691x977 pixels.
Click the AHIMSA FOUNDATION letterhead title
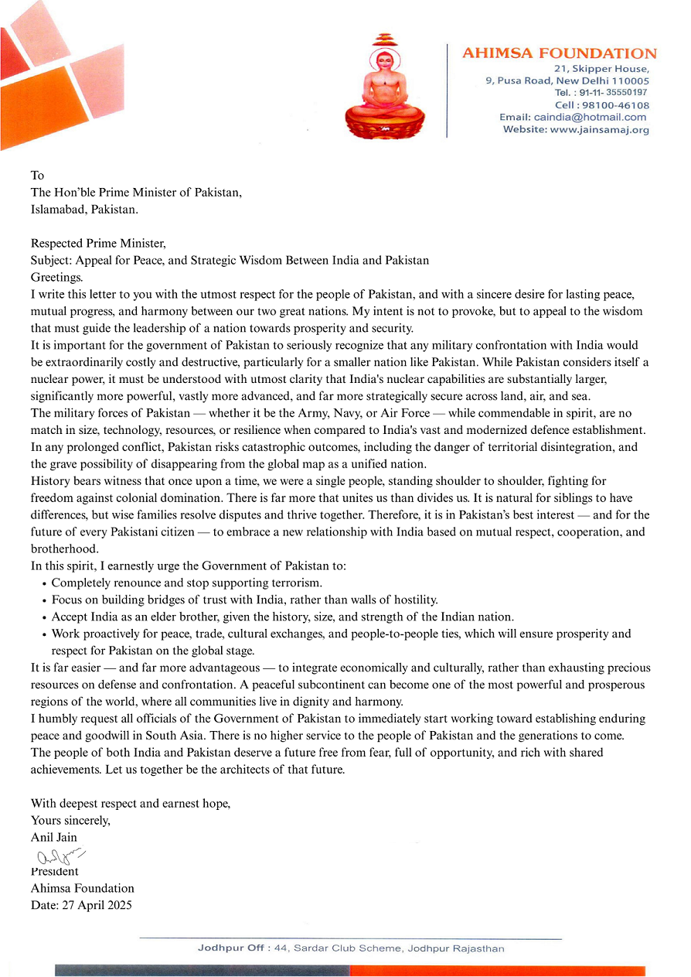coord(559,53)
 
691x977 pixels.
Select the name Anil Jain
coord(54,837)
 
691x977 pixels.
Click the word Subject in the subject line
coord(50,260)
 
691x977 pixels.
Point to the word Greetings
coord(56,276)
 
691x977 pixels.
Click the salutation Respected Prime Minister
coord(98,244)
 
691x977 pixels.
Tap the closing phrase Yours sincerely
coord(70,820)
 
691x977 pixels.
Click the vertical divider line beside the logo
coord(447,91)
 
